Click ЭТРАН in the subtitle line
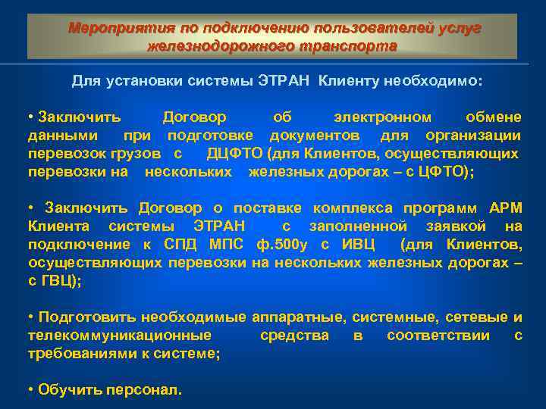tap(284, 80)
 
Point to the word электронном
tap(383, 117)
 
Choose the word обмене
tap(493, 117)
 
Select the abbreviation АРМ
tap(506, 208)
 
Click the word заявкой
tap(460, 226)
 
